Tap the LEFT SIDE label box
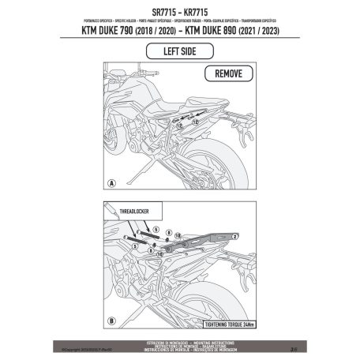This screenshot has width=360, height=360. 179,52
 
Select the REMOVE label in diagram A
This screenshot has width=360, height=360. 230,74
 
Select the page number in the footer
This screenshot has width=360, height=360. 294,345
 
